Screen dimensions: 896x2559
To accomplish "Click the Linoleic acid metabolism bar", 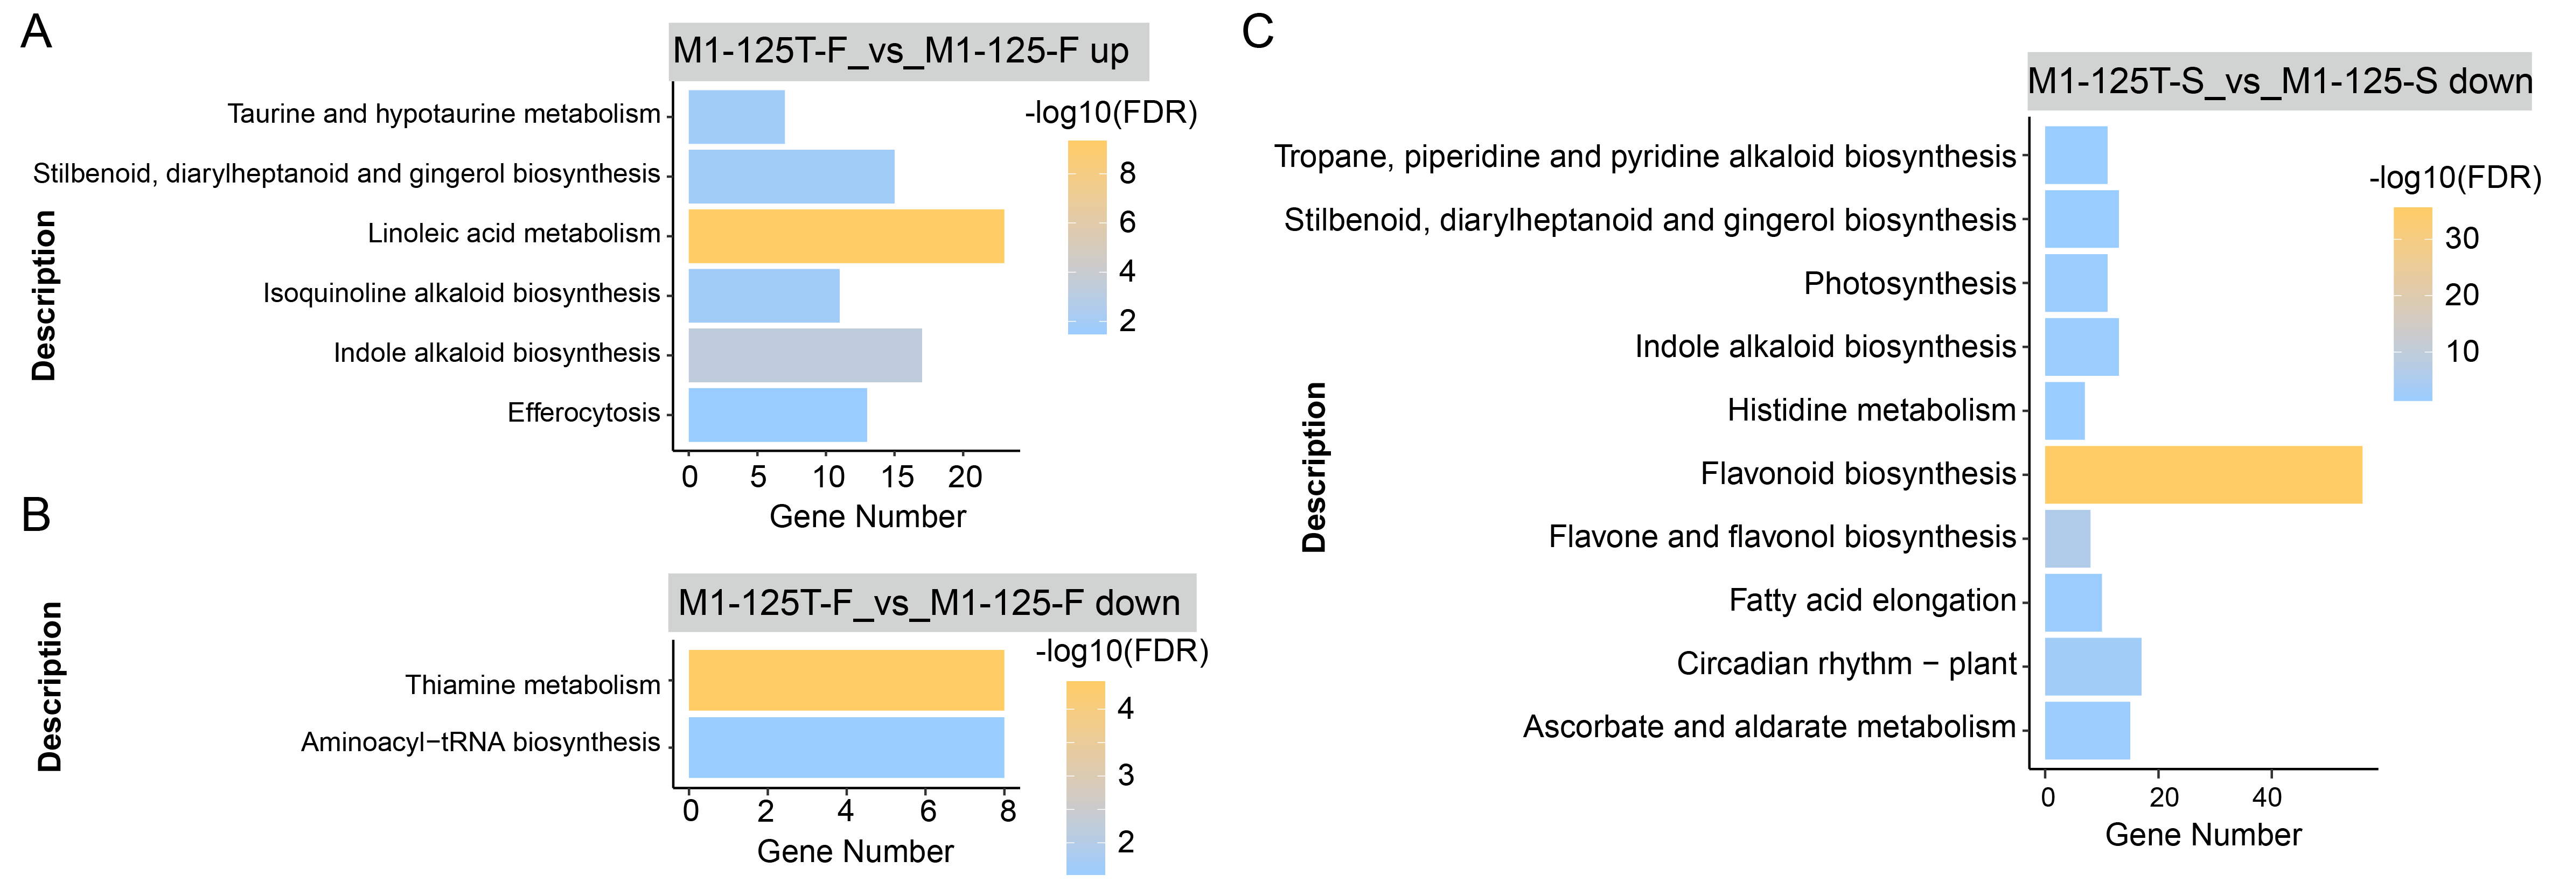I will pos(846,236).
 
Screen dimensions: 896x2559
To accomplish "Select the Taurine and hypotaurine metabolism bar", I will pos(736,117).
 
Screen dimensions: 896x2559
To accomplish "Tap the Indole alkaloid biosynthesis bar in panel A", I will pos(805,355).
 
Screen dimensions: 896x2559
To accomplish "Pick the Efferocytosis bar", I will pos(777,415).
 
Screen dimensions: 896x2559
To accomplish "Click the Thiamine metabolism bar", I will pos(846,681).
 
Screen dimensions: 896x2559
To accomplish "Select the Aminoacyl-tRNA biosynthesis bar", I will pos(846,747).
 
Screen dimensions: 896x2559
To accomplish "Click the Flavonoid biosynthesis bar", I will pos(2202,475).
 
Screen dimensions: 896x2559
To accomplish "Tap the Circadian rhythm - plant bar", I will pos(2092,667).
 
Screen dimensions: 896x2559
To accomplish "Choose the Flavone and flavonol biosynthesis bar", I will pos(2067,538).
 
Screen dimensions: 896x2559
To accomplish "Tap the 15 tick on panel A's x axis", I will pos(897,477).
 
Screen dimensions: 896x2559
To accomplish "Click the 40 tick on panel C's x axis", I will pos(2267,797).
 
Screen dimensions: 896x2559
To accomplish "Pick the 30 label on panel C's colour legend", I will pos(2462,239).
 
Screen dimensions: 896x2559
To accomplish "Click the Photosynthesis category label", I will pos(1909,284).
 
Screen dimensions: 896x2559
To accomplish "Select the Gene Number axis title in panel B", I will pos(855,851).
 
